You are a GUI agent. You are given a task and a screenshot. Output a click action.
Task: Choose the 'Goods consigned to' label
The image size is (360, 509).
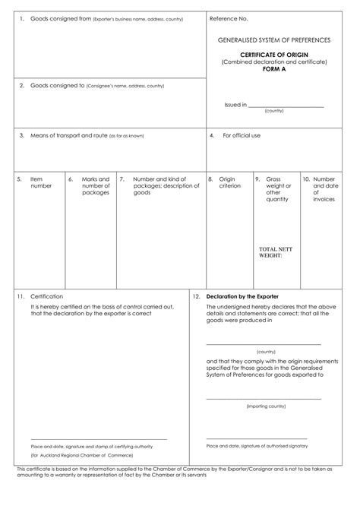[57, 86]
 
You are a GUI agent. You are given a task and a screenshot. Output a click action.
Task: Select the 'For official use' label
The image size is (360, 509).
[242, 136]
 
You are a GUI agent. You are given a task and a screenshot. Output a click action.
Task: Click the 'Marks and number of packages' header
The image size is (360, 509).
[96, 186]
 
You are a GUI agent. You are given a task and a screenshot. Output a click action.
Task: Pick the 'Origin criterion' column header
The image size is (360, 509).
[230, 182]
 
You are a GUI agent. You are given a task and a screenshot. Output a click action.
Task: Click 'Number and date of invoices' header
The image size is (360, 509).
[324, 189]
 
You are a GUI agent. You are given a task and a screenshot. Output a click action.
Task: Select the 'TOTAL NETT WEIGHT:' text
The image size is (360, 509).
[275, 253]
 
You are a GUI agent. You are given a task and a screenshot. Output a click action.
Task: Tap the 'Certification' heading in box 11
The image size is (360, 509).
[47, 296]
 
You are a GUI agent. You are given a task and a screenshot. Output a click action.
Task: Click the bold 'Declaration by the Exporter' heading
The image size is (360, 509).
[242, 296]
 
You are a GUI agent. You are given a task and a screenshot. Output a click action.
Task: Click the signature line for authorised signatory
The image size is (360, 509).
[257, 438]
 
